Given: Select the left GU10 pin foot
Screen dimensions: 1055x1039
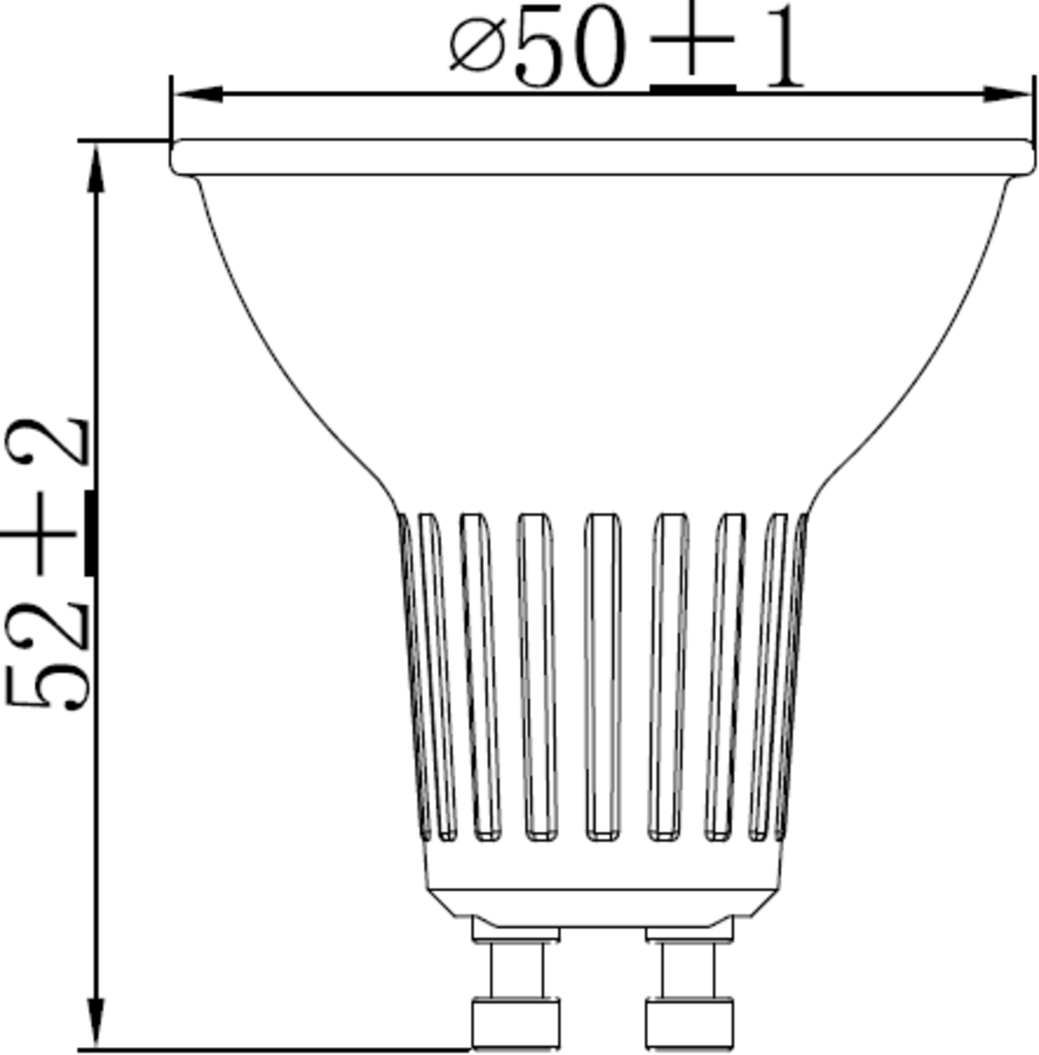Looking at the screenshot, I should pos(516,1022).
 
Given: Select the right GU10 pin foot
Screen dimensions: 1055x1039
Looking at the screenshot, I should pos(689,1022).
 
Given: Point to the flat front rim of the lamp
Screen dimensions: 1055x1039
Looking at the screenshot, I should pos(602,156).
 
